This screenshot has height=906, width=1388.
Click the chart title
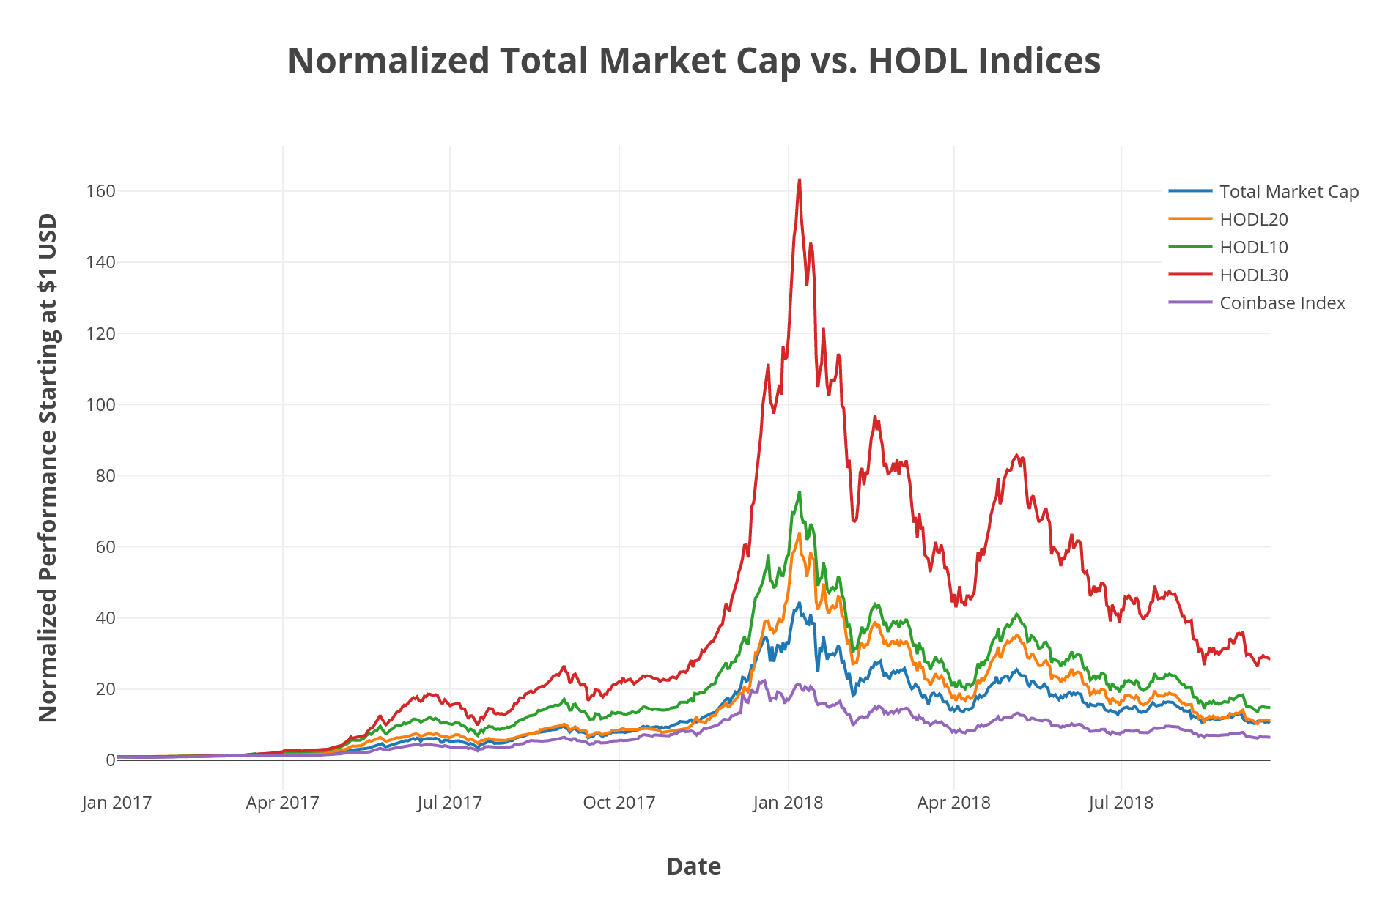pos(693,61)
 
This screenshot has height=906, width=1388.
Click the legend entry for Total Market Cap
pos(1288,192)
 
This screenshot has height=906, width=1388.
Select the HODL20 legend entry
pos(1253,220)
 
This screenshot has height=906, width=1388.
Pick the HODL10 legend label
pos(1253,248)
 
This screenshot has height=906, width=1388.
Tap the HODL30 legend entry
pos(1253,275)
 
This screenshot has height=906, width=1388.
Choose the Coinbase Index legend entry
pos(1282,303)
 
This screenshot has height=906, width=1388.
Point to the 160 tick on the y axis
pos(101,191)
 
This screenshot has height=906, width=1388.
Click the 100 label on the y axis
pos(101,405)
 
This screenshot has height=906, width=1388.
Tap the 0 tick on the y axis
pos(110,760)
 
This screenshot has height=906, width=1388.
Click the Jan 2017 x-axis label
pos(117,803)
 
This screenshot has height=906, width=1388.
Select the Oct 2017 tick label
pos(619,803)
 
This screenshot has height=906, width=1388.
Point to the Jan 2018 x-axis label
pos(789,803)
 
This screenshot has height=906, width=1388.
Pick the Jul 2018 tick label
pos(1121,803)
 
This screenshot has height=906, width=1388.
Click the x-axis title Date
pos(693,866)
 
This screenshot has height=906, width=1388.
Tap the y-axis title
pos(48,467)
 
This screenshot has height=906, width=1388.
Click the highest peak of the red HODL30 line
pos(800,180)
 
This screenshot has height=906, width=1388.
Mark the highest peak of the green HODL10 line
pos(800,492)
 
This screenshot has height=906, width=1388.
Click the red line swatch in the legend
pos(1190,275)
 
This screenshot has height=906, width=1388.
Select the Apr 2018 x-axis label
pos(954,803)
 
